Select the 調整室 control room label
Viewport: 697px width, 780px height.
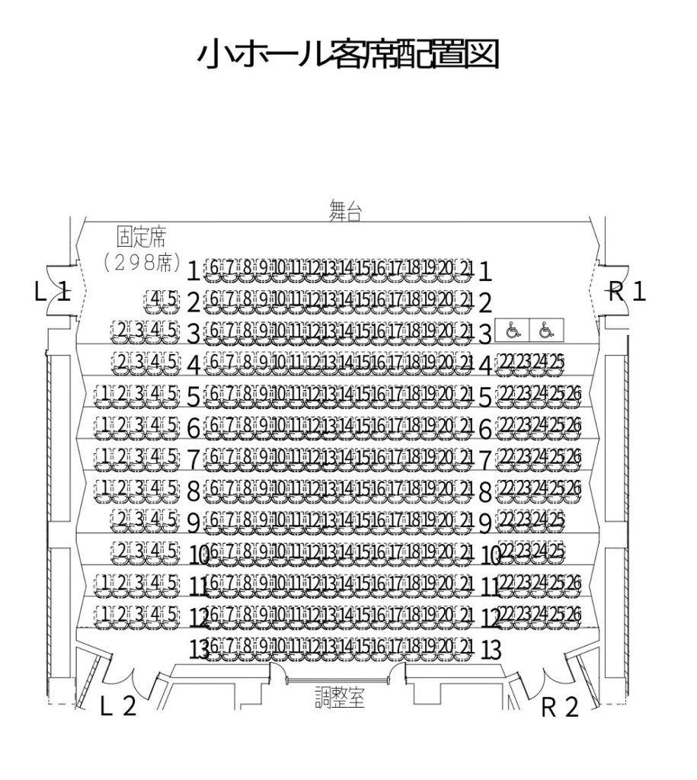[341, 696]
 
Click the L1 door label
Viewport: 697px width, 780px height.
[53, 292]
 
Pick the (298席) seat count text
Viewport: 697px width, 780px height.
[142, 264]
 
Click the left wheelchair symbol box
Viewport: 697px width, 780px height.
[512, 331]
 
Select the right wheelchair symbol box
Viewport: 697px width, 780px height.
[545, 331]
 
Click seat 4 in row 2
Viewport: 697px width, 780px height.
[155, 299]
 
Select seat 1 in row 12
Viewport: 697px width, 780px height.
[104, 613]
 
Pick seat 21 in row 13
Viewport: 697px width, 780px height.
[466, 647]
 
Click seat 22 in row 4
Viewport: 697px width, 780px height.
[504, 363]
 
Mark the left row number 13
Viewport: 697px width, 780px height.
[198, 650]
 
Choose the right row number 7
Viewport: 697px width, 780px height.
[484, 460]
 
